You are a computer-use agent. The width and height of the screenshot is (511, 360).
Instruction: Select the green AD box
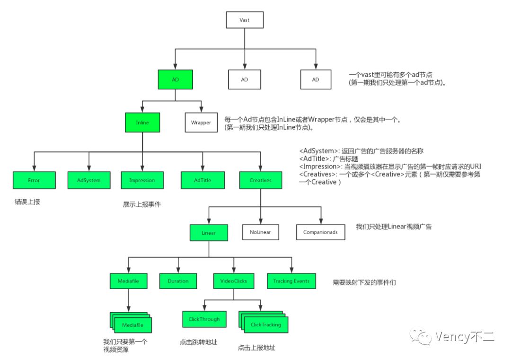[x=175, y=79]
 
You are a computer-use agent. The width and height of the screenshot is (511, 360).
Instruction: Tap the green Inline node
[x=142, y=123]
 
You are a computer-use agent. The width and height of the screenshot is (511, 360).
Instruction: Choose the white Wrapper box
[x=201, y=123]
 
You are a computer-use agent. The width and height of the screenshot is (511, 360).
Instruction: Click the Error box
[x=34, y=180]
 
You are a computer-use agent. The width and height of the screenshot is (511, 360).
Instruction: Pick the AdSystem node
[x=88, y=180]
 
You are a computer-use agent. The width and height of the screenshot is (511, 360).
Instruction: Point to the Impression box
[x=142, y=180]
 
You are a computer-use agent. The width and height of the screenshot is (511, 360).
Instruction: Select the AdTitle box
[x=203, y=180]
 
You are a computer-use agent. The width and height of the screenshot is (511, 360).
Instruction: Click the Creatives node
[x=260, y=180]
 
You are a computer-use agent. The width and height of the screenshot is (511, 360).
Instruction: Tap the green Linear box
[x=209, y=233]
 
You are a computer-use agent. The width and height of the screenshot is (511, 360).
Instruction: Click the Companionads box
[x=320, y=233]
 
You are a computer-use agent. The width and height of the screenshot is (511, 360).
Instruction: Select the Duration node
[x=178, y=281]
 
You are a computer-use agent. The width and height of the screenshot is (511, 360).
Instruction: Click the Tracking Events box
[x=291, y=281]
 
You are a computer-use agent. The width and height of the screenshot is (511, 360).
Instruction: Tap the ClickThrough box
[x=204, y=319]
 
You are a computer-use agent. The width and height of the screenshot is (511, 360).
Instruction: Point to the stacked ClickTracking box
[x=265, y=325]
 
